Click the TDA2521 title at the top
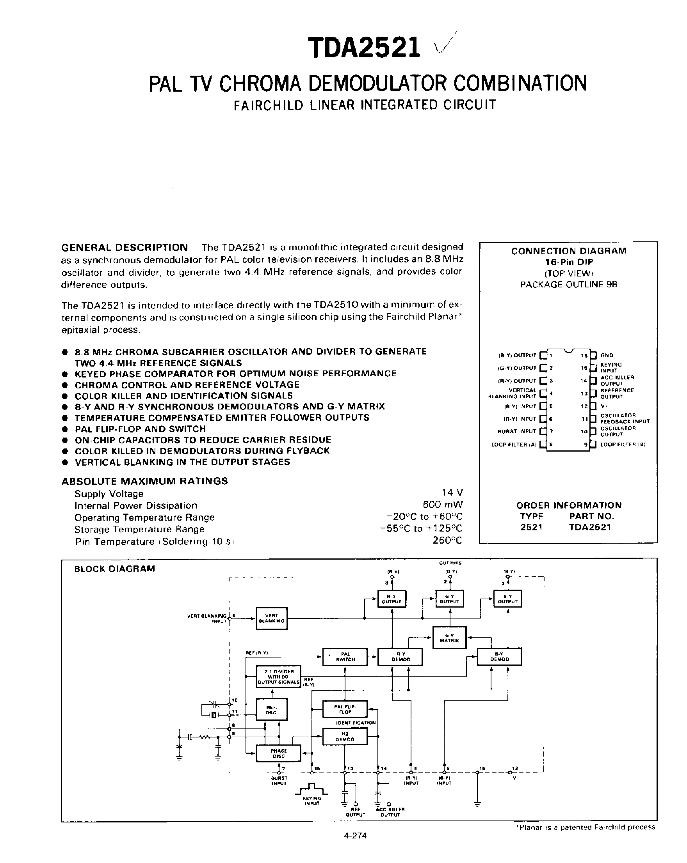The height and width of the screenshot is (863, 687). click(364, 48)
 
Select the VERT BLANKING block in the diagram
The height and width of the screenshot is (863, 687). click(272, 618)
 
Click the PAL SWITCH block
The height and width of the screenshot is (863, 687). click(345, 657)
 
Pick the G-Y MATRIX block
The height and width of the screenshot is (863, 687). click(449, 638)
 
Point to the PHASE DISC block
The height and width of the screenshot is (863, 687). click(278, 753)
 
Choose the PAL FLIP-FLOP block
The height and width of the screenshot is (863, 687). click(345, 709)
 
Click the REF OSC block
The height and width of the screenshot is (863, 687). click(271, 710)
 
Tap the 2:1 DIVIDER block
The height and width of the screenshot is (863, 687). click(278, 677)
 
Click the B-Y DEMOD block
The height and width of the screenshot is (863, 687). click(499, 657)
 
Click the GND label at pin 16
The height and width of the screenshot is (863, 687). click(607, 355)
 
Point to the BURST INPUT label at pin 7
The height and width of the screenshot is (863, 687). click(516, 431)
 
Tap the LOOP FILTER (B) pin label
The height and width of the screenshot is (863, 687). click(623, 444)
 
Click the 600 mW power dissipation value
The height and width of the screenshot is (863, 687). click(443, 504)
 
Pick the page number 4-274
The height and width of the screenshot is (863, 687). click(355, 835)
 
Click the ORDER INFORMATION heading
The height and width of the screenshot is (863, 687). click(569, 505)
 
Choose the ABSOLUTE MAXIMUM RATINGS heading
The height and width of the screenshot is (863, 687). click(144, 481)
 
